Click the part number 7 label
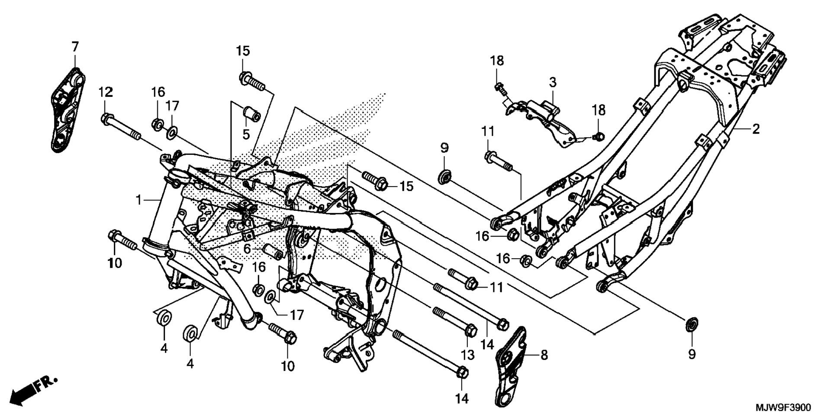point(75,47)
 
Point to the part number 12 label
point(105,92)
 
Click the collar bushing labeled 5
point(251,113)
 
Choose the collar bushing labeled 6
point(274,252)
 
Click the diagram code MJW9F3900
point(783,408)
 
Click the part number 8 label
point(544,355)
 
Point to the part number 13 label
point(467,355)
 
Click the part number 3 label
point(553,83)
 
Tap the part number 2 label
point(755,129)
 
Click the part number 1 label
point(138,200)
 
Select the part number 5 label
point(246,135)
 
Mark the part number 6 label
point(247,249)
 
